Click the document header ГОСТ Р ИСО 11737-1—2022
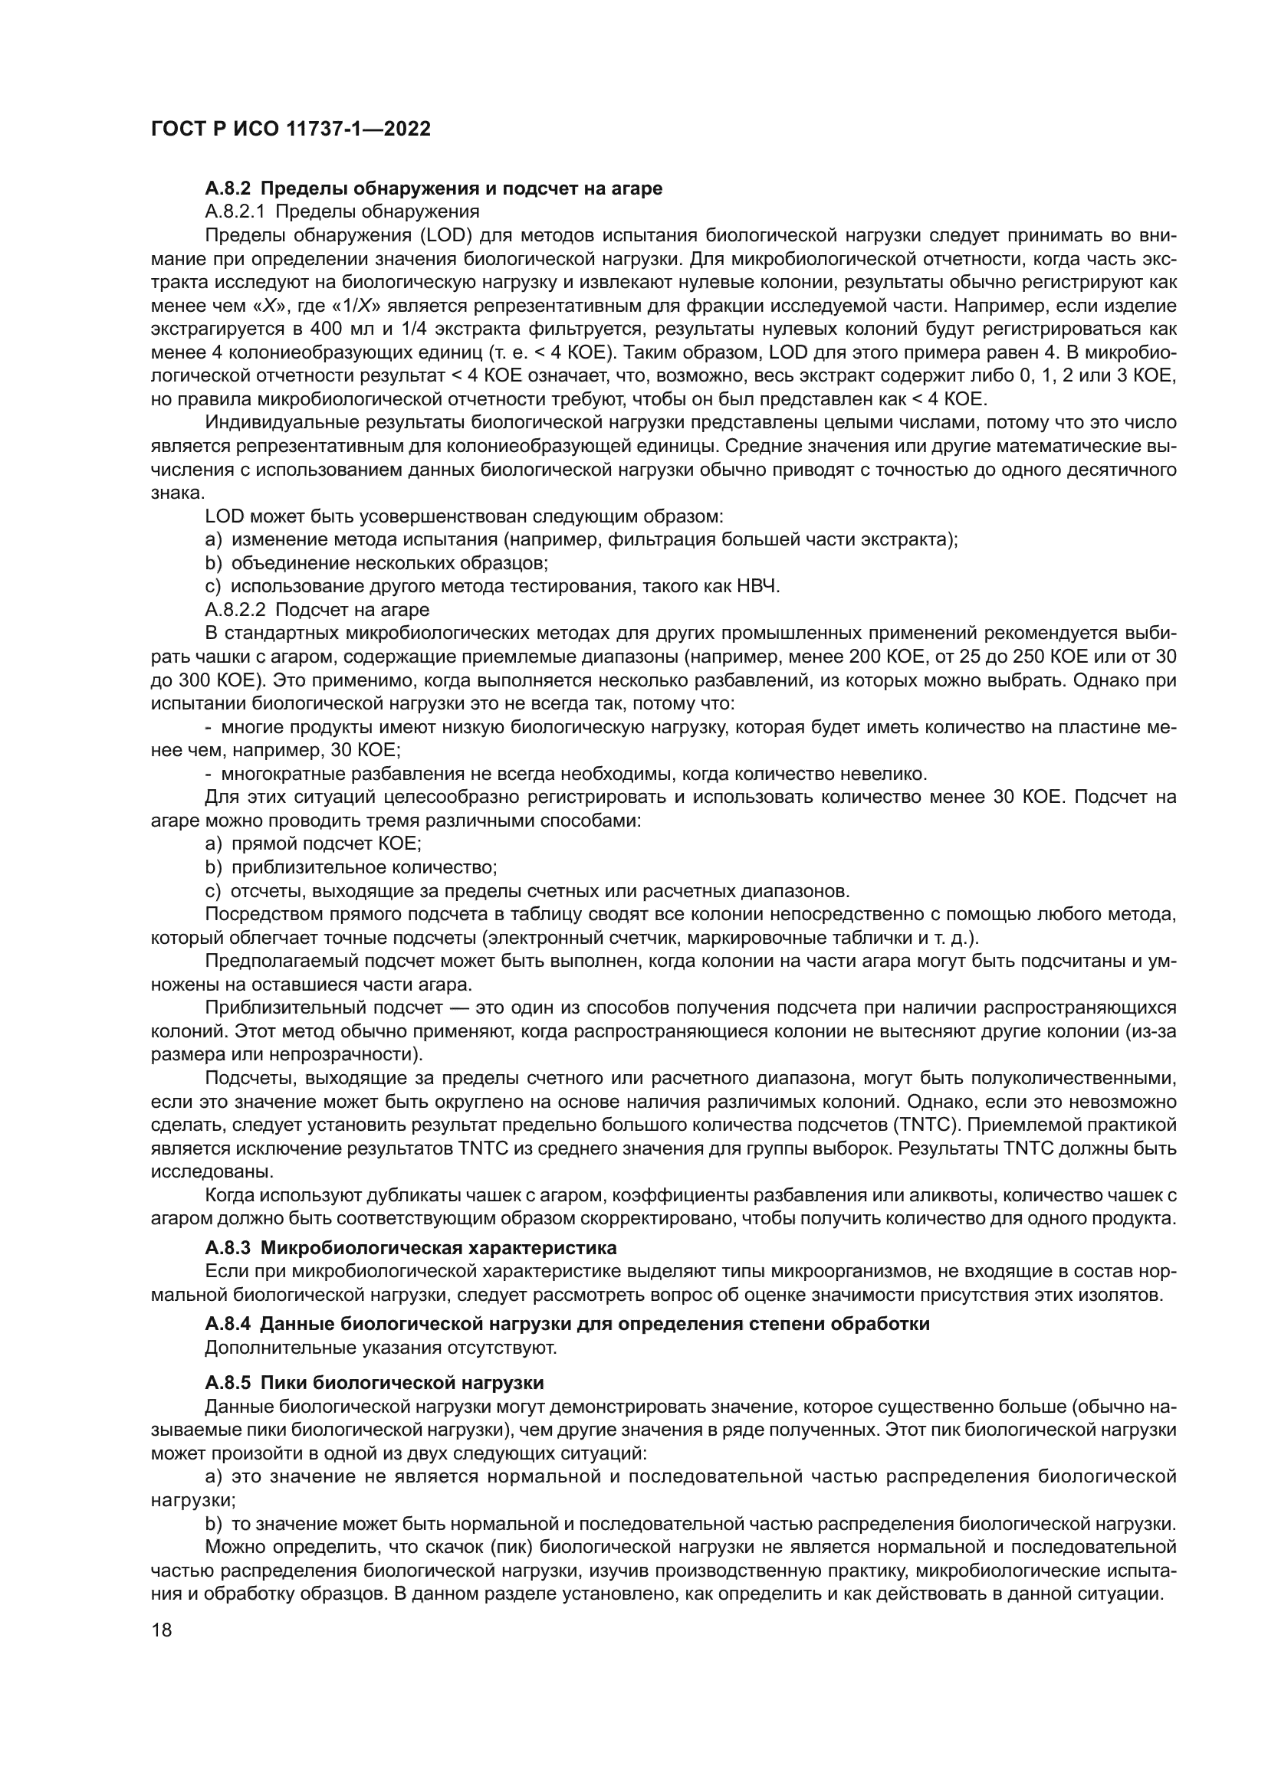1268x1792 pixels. click(x=291, y=129)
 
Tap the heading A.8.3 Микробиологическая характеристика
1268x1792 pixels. click(x=411, y=1247)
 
